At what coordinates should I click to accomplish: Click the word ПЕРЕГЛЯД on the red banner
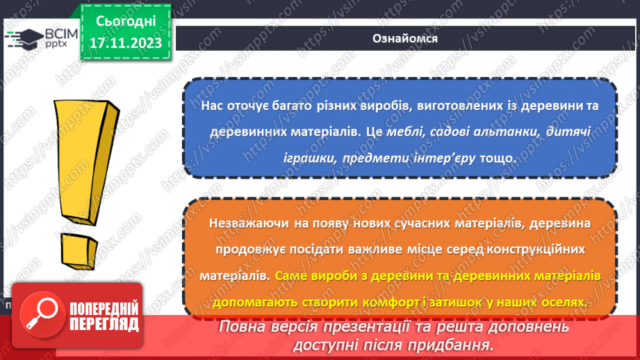click(x=102, y=324)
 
